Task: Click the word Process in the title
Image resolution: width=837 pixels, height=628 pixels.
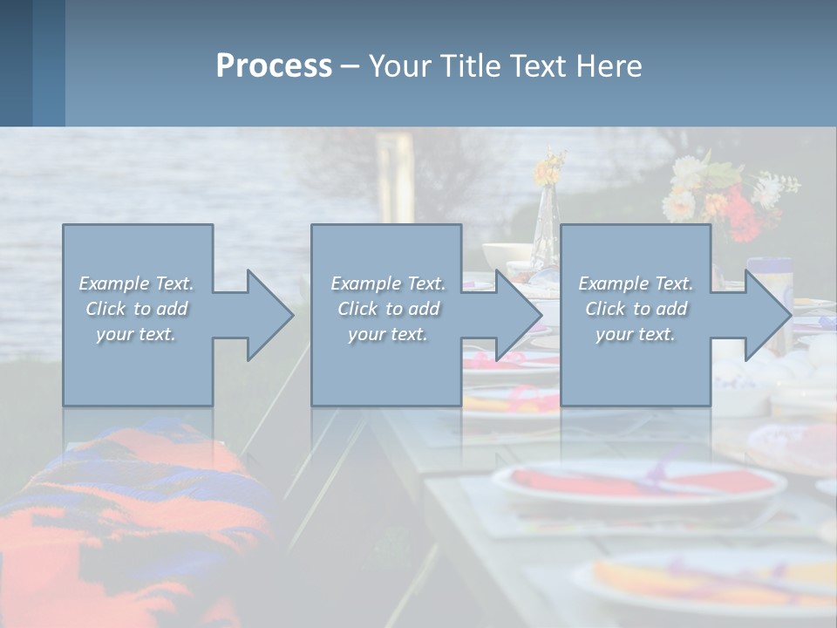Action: coord(274,66)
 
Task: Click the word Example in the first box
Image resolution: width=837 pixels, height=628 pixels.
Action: coord(114,283)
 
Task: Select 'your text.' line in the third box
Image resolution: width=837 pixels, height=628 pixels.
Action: coord(635,334)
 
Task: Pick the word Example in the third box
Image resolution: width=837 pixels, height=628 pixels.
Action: coord(613,283)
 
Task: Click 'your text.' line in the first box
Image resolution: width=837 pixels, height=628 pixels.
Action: coord(135,334)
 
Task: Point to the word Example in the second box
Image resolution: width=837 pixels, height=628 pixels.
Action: coord(365,283)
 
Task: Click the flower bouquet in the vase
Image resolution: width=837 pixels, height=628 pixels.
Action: coord(728,196)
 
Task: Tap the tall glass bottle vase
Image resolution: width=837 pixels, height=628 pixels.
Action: coord(545,218)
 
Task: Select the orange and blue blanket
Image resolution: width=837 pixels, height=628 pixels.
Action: coord(122,515)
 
